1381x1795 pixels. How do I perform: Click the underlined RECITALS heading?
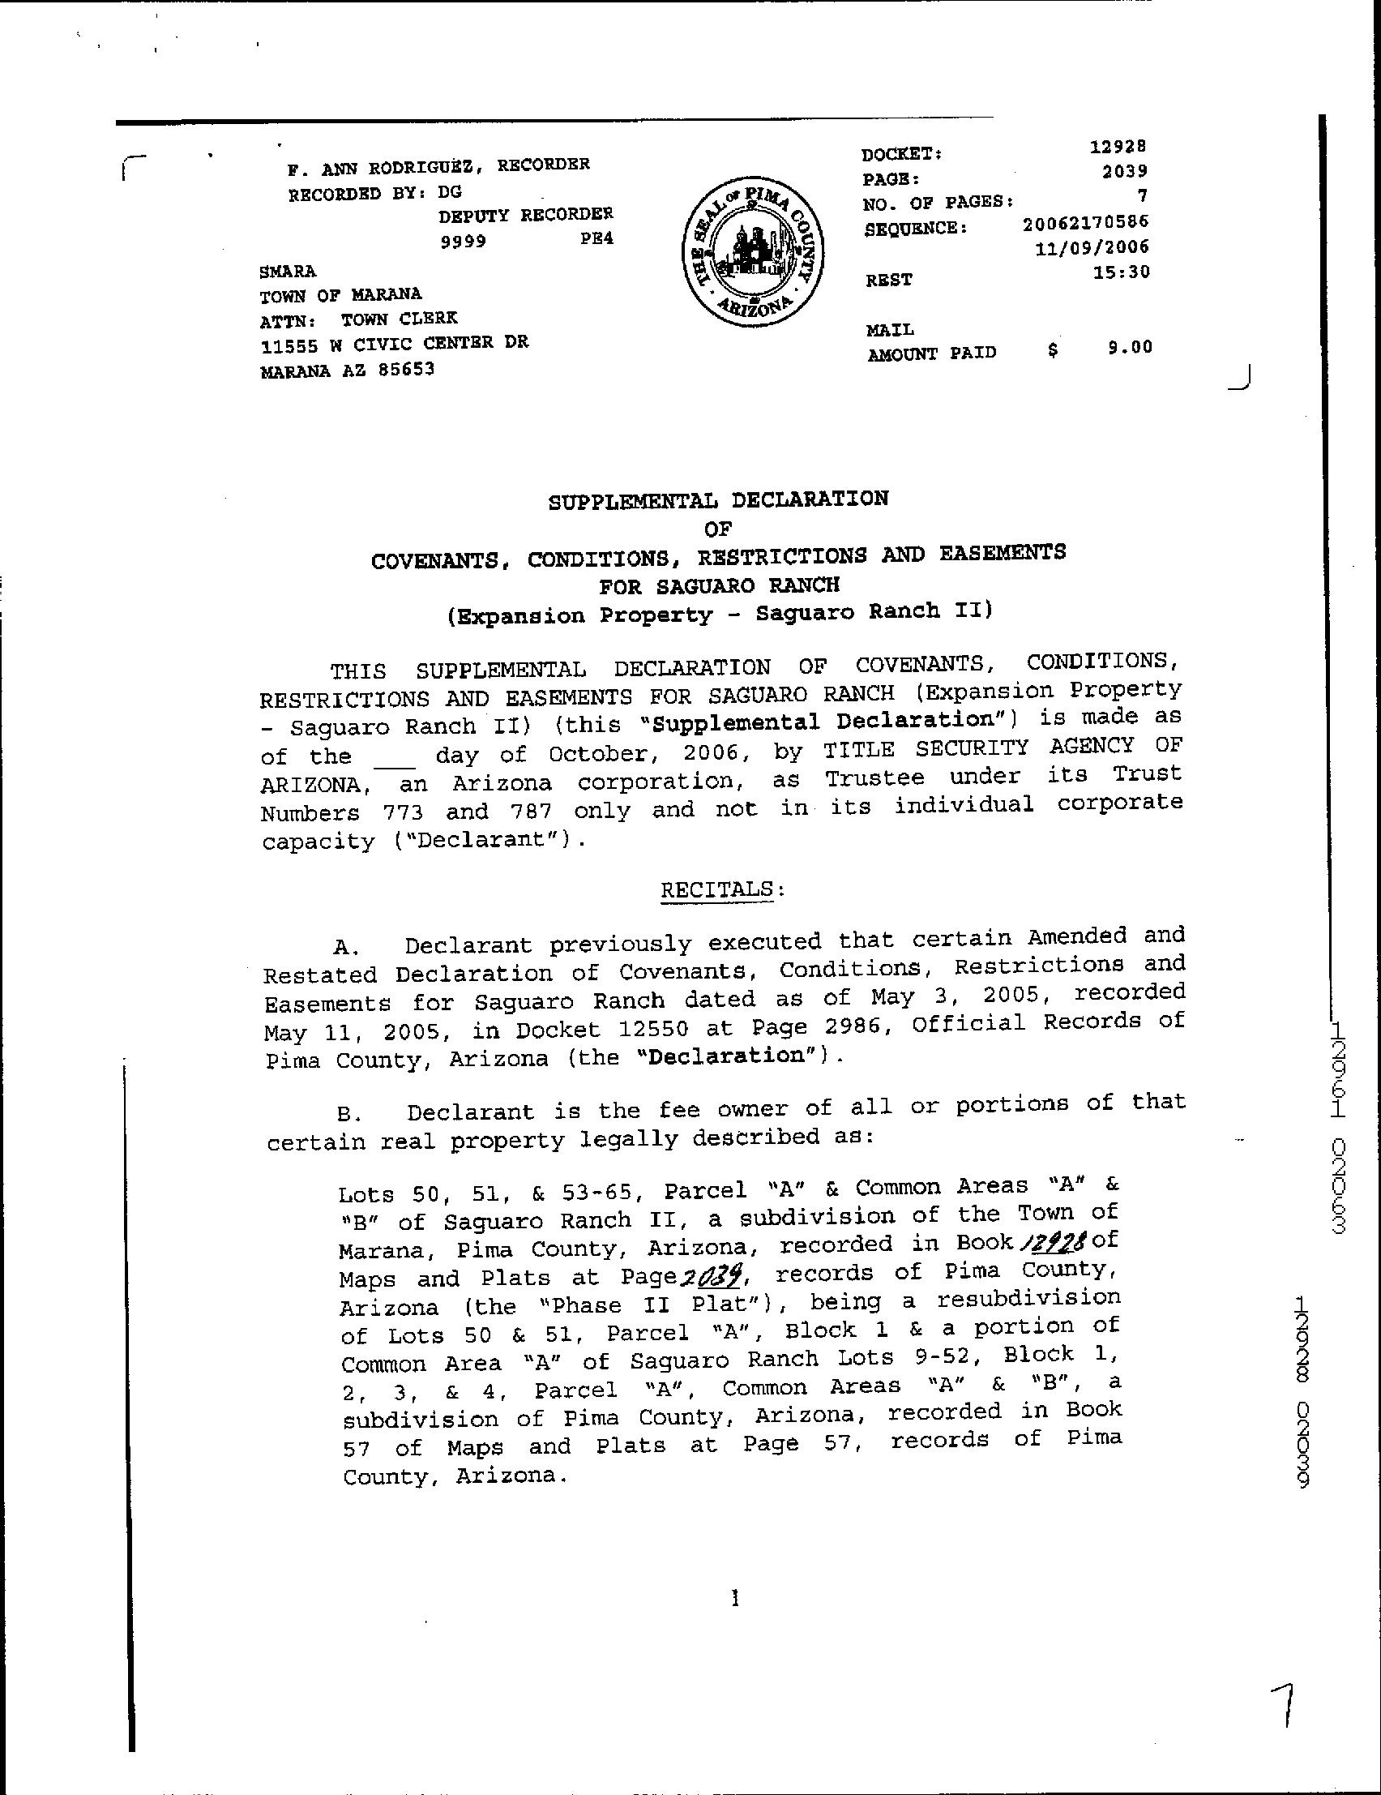[717, 890]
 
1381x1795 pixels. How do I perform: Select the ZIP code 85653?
[406, 370]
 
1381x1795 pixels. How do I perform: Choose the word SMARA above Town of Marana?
[288, 272]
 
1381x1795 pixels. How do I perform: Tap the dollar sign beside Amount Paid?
[1053, 349]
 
